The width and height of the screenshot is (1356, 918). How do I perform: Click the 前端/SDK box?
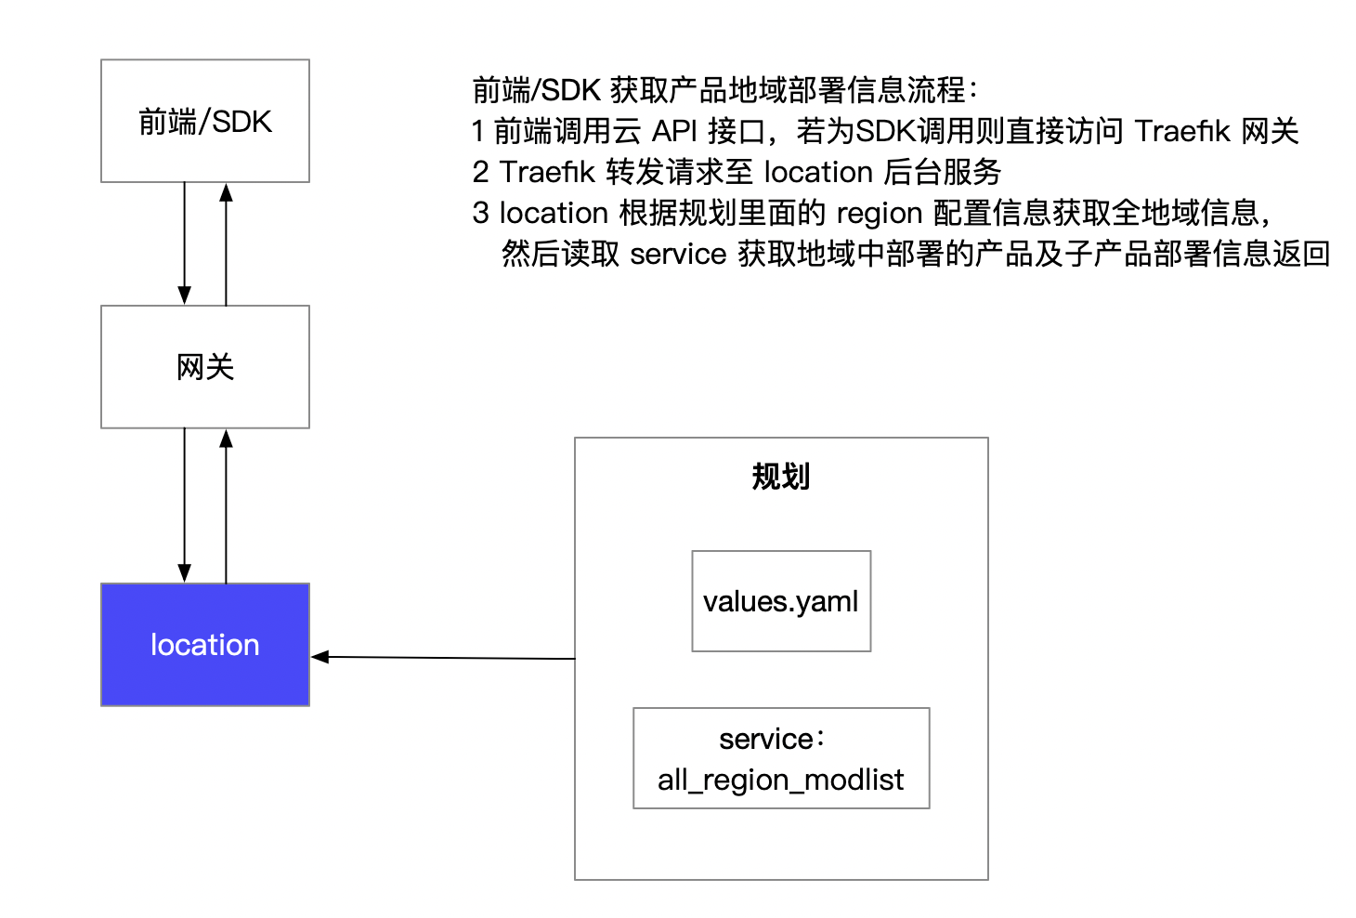(x=205, y=121)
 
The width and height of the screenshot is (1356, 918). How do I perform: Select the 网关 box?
(x=205, y=367)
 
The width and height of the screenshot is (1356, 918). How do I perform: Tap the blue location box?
(x=205, y=645)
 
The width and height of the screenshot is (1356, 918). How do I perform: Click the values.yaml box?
(x=781, y=601)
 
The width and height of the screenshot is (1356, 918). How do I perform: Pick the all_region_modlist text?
(x=781, y=780)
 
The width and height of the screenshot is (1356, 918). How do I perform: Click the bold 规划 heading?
(x=781, y=477)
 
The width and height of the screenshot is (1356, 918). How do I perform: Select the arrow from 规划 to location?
(x=443, y=658)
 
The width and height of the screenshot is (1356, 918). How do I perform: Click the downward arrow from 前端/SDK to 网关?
(x=185, y=243)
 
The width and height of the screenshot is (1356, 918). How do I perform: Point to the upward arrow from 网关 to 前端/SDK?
(x=226, y=244)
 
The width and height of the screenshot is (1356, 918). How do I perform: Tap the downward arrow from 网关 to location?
(x=185, y=505)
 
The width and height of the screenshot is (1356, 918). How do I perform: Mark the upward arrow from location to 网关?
(x=226, y=506)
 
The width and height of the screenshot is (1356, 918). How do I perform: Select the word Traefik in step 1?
(x=1182, y=131)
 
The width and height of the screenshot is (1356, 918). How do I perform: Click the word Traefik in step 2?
(x=547, y=172)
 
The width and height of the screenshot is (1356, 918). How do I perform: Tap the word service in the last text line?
(x=678, y=255)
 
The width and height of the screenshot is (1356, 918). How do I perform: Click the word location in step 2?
(x=818, y=172)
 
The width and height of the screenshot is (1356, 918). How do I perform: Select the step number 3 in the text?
(x=480, y=213)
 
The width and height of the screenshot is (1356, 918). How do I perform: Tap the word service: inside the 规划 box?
(x=772, y=740)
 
